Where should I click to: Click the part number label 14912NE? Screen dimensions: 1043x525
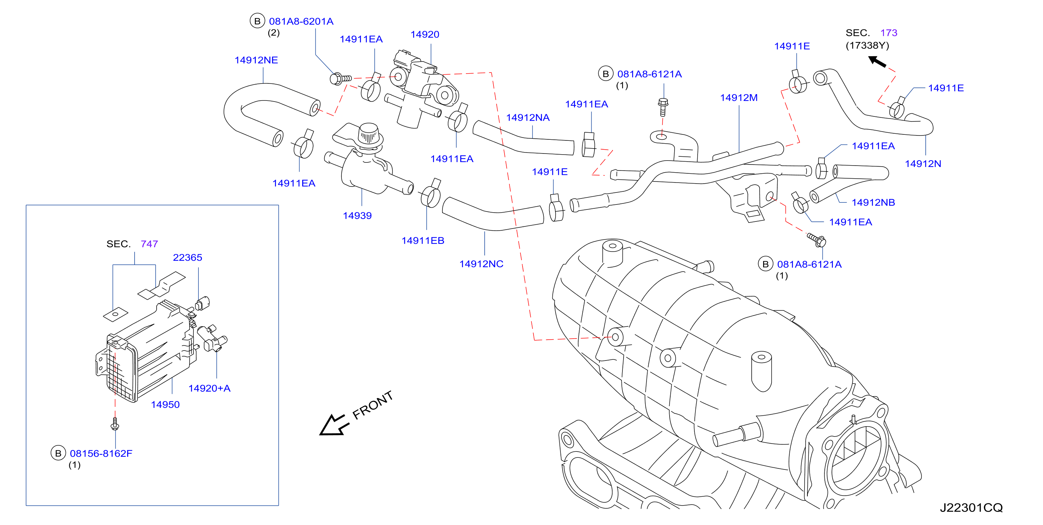click(256, 60)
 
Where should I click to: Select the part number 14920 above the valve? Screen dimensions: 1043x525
click(425, 34)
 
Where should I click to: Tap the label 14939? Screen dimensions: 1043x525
click(357, 215)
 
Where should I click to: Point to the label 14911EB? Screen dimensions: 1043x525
click(423, 241)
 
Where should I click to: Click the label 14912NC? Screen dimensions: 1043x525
click(481, 264)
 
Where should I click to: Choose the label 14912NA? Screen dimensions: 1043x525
click(528, 118)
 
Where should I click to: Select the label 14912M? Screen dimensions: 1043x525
click(739, 98)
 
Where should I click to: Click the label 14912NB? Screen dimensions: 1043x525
click(873, 203)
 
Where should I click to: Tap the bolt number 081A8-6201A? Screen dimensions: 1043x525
click(301, 22)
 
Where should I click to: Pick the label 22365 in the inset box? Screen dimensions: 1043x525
click(187, 258)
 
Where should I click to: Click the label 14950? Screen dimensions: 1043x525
click(165, 405)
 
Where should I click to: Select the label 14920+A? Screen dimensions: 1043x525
click(209, 389)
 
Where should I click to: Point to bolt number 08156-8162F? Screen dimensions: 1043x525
click(101, 454)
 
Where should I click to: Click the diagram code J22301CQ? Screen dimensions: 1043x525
click(971, 508)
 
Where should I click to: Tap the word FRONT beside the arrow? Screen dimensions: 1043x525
click(373, 405)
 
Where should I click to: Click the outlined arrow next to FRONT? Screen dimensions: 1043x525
click(334, 425)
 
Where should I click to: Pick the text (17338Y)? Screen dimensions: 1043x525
click(867, 46)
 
